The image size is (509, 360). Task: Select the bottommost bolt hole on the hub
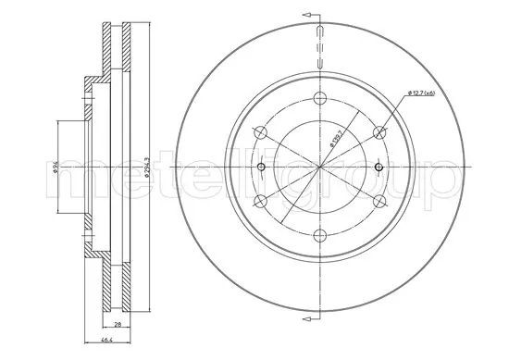[318, 235]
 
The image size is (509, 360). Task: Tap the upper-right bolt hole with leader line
[378, 132]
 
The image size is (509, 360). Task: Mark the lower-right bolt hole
[378, 201]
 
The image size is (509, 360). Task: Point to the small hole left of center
[261, 168]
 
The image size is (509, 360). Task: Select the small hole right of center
[377, 168]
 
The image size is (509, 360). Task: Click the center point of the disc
[318, 168]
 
